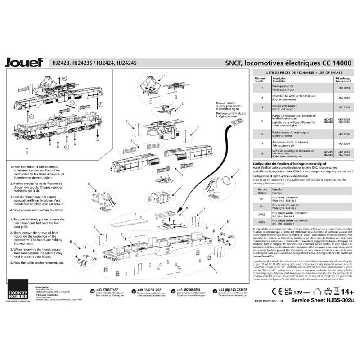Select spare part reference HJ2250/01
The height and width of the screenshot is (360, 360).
pyautogui.click(x=343, y=88)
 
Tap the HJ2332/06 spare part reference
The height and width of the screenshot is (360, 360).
pyautogui.click(x=343, y=134)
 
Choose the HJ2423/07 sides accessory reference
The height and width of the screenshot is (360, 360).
pyautogui.click(x=343, y=144)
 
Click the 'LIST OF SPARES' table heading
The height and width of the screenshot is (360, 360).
pyautogui.click(x=304, y=72)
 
